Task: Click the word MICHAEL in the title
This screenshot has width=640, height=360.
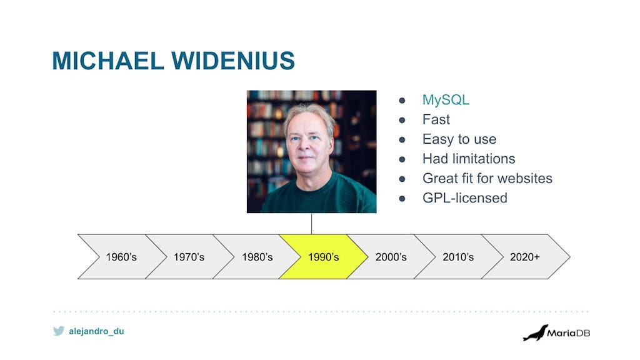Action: click(107, 61)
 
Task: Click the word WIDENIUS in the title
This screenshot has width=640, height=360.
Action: click(232, 61)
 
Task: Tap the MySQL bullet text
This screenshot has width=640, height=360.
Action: click(446, 100)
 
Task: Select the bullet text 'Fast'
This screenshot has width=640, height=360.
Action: click(436, 119)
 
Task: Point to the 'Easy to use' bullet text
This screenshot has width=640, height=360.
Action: click(459, 139)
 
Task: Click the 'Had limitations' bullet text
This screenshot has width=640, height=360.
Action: click(469, 159)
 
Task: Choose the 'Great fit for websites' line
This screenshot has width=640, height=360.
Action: click(487, 178)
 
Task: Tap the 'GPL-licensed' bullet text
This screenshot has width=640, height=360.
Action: click(465, 198)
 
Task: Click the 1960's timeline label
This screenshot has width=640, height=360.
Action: click(121, 257)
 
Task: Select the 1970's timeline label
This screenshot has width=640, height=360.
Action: click(189, 257)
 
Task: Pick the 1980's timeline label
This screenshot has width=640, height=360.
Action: click(257, 257)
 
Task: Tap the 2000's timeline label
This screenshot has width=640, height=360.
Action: click(391, 257)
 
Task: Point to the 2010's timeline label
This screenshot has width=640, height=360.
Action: click(458, 257)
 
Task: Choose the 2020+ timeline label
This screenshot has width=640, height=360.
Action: click(525, 257)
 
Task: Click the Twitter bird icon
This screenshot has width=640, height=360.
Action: click(59, 331)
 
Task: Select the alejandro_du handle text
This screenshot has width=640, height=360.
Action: click(96, 331)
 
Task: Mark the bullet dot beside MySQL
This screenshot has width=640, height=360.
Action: click(402, 101)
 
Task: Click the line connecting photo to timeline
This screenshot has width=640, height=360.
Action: click(311, 224)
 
